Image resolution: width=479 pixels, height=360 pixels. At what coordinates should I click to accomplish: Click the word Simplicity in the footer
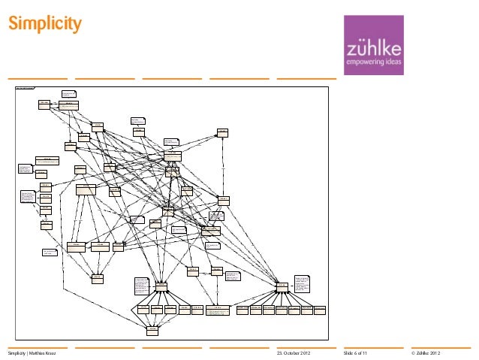[x=18, y=353]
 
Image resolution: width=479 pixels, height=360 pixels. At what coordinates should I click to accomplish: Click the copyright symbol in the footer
[x=414, y=353]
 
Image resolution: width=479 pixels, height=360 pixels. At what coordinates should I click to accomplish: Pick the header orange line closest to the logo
[x=306, y=78]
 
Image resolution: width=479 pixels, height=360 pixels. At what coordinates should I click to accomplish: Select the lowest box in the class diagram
[x=152, y=330]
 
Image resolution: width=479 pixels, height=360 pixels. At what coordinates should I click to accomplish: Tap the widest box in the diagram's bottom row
[x=218, y=310]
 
